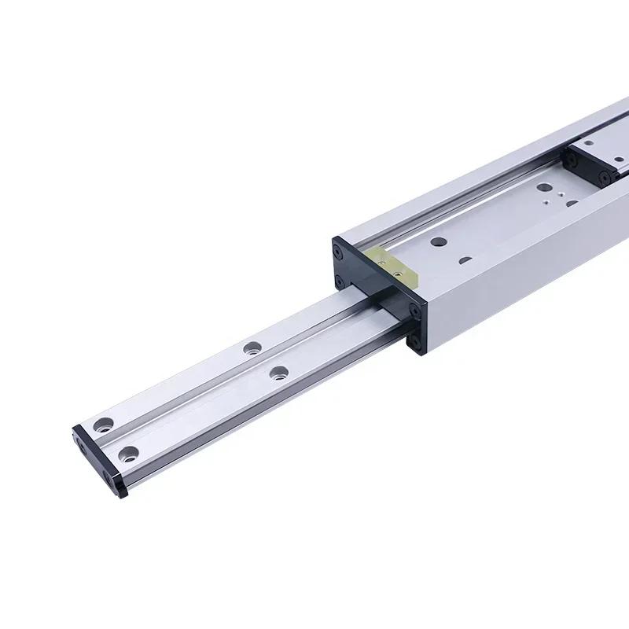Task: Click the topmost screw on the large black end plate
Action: click(339, 252)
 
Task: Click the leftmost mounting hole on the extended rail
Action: click(101, 425)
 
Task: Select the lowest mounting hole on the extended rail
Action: click(127, 453)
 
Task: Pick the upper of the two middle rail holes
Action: click(251, 347)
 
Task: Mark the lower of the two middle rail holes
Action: click(278, 373)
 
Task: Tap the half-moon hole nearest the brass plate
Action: click(465, 260)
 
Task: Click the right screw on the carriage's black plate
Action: click(605, 177)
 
